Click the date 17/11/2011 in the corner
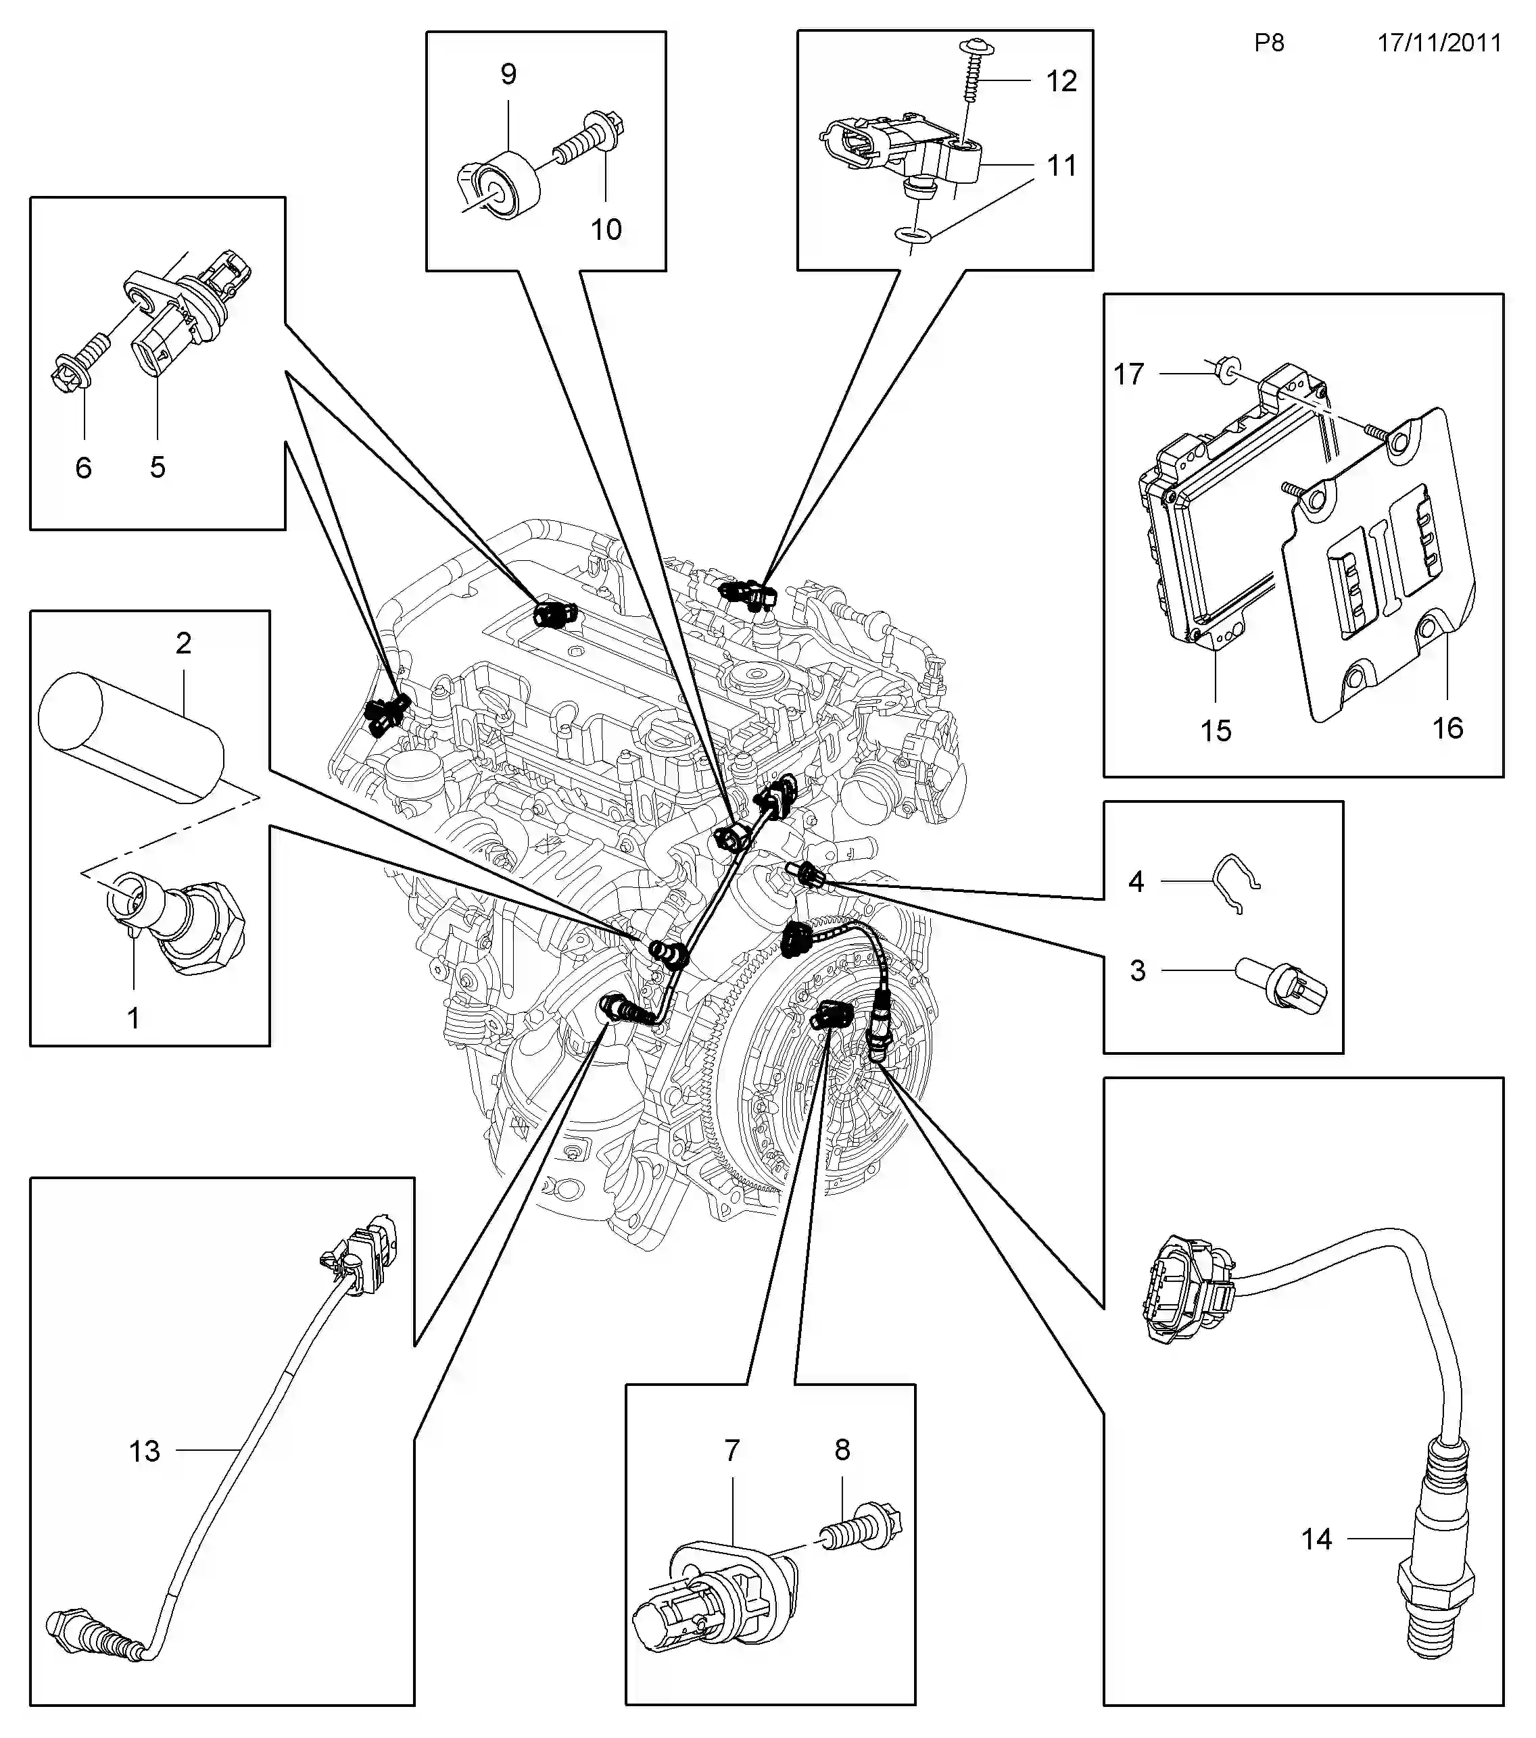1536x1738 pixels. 1439,43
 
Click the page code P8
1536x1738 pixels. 1268,43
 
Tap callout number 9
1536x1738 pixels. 508,75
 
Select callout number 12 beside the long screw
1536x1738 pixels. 1061,81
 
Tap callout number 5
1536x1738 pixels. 158,467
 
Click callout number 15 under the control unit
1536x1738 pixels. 1216,730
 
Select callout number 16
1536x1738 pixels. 1447,728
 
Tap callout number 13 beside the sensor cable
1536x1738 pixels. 145,1451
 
